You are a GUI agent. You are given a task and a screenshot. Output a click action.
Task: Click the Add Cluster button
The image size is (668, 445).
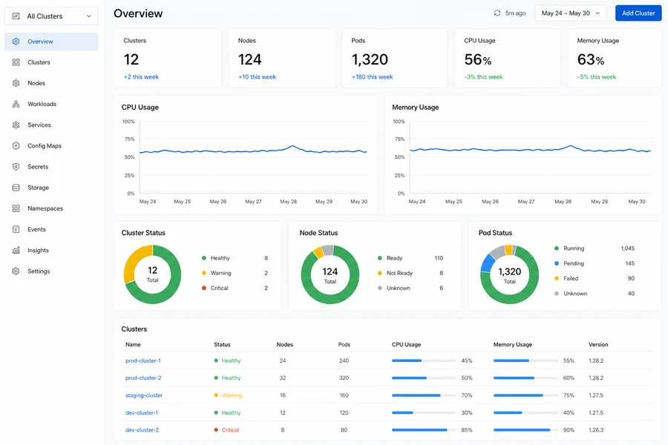[638, 13]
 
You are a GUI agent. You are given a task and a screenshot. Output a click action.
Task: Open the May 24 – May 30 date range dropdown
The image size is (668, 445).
[571, 13]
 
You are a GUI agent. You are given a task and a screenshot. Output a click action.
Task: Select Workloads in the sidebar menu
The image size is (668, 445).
[42, 104]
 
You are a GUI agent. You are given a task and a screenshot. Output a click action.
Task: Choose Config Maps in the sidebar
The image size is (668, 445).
[45, 145]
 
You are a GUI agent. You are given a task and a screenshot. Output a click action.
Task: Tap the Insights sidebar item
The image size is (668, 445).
[38, 251]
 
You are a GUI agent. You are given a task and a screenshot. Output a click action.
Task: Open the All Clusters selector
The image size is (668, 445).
[51, 16]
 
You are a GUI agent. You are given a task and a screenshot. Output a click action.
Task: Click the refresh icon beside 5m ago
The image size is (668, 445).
[497, 13]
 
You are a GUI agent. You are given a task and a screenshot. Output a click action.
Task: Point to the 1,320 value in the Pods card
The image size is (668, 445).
[370, 59]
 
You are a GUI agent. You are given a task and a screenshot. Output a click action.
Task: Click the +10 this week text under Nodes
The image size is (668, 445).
[258, 77]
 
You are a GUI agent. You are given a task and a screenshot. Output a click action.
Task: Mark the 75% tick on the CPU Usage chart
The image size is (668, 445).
[129, 139]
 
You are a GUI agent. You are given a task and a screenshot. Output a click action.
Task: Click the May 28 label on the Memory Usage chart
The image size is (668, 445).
[563, 202]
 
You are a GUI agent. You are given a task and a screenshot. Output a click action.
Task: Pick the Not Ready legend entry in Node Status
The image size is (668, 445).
[399, 273]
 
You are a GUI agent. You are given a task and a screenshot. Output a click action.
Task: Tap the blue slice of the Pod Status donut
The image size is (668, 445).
[488, 263]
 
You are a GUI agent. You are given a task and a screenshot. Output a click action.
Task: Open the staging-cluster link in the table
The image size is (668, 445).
[144, 395]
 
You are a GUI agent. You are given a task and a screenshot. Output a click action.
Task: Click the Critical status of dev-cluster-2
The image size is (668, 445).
[230, 430]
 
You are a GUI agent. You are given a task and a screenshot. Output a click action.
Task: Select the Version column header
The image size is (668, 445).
[598, 344]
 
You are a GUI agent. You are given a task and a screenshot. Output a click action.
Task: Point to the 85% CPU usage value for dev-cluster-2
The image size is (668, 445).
[467, 430]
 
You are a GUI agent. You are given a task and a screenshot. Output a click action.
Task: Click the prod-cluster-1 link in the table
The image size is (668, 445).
[143, 360]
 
